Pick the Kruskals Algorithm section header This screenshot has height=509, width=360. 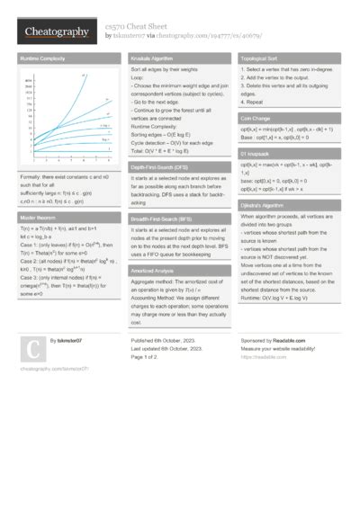[153, 58]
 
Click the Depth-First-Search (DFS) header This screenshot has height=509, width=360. [161, 167]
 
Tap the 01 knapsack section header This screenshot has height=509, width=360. [257, 155]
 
